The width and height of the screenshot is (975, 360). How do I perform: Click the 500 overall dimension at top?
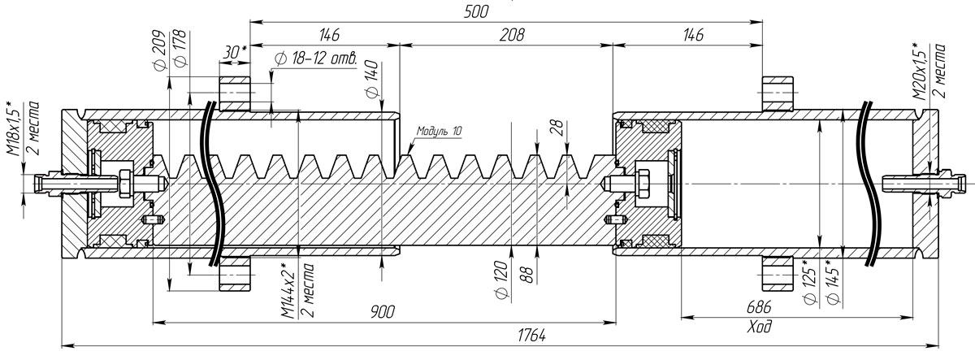coord(476,11)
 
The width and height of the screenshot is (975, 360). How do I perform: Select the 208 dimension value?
coord(512,35)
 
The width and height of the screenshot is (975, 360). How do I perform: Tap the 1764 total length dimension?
coord(531,336)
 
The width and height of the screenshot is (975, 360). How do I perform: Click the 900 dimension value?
coord(383,312)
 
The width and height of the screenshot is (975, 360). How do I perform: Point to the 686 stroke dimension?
coord(759,307)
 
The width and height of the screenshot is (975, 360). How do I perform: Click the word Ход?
coord(760,327)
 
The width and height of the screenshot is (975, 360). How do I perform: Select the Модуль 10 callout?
coord(440,131)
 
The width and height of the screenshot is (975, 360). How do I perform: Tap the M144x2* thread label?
coord(288,291)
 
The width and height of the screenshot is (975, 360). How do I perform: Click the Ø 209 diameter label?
coord(159,50)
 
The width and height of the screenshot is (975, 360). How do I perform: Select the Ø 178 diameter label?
coord(180,48)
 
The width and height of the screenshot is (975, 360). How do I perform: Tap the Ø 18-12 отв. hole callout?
coord(316,59)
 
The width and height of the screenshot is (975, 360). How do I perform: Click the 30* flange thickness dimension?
coord(234,53)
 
